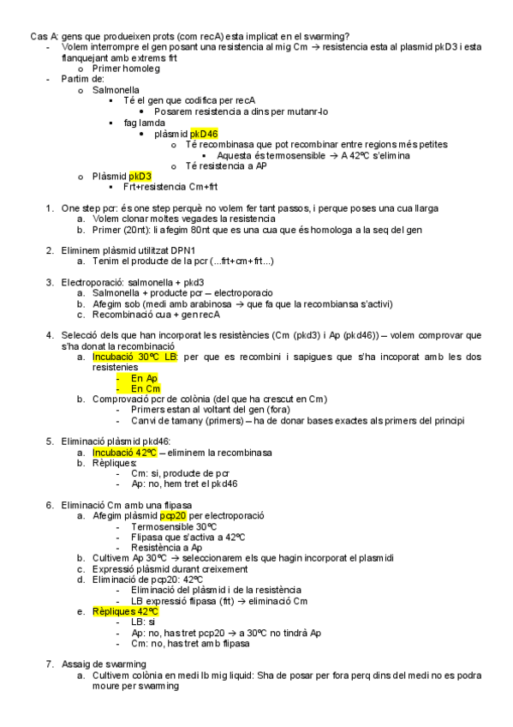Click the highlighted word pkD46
tap(204, 134)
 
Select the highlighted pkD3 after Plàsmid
tap(140, 176)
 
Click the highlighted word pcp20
tap(173, 515)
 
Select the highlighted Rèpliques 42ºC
tap(125, 611)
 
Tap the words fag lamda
tap(145, 123)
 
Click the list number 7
tap(48, 664)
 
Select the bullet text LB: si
tap(143, 622)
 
